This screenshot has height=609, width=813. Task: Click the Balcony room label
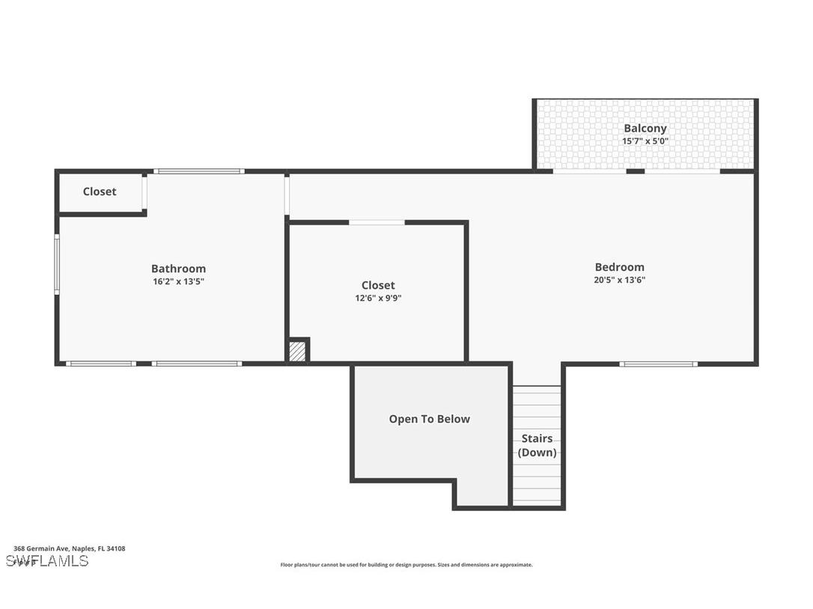tap(645, 128)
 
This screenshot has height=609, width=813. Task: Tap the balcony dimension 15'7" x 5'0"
tap(645, 141)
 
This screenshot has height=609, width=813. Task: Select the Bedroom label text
tap(619, 267)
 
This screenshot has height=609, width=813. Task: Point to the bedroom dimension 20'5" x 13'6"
tap(619, 280)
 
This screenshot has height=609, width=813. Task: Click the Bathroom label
tap(178, 269)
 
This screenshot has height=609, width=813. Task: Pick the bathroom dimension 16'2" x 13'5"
tap(178, 281)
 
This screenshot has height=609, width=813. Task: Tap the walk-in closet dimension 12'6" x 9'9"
tap(378, 298)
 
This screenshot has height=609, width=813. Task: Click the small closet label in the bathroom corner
tap(100, 192)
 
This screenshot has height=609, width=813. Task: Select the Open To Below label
tap(429, 419)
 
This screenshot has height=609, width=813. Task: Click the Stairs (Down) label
tap(537, 445)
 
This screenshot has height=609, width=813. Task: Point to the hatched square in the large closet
tap(297, 351)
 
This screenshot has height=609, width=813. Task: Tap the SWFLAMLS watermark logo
tap(47, 560)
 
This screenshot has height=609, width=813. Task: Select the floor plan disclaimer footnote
tap(406, 565)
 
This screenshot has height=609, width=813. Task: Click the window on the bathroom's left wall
tap(57, 264)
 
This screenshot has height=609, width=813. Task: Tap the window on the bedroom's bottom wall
tap(658, 364)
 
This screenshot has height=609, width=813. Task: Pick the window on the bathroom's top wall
tap(198, 171)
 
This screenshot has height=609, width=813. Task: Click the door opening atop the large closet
tap(377, 222)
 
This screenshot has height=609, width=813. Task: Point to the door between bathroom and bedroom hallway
tap(287, 195)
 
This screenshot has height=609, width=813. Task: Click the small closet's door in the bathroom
tap(144, 192)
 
